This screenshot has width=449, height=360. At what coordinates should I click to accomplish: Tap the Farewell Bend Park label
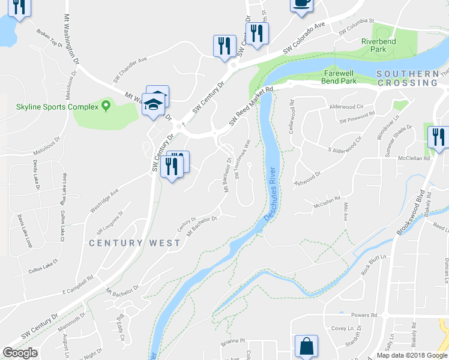click(x=336, y=77)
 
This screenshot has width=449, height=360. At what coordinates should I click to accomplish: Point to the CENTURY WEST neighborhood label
click(x=134, y=243)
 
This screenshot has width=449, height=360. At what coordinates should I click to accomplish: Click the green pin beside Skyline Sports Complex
click(x=106, y=106)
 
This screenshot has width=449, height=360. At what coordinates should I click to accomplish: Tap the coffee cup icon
click(x=301, y=4)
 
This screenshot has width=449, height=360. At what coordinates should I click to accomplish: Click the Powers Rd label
click(x=363, y=315)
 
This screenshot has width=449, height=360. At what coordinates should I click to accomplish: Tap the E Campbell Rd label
click(x=71, y=287)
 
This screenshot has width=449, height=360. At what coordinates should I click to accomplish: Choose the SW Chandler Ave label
click(x=130, y=71)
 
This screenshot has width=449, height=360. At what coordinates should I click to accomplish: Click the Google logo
click(x=20, y=353)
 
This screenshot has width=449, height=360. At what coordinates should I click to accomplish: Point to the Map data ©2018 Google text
click(x=411, y=355)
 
